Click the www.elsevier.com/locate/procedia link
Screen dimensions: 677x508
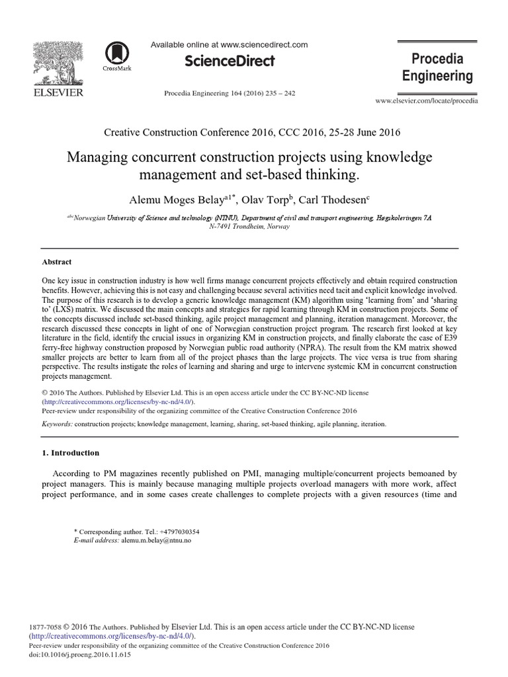[427, 100]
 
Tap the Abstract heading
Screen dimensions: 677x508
[56, 262]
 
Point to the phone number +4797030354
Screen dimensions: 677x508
[176, 532]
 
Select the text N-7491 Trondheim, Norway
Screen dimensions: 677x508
[254, 226]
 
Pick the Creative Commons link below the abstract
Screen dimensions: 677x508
[109, 401]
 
